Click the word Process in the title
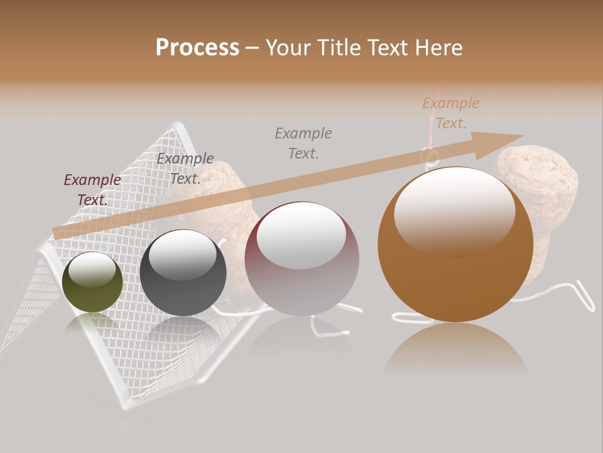197,48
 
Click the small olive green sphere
93,282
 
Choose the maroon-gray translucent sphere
301,258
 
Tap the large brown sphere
455,252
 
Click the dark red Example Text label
92,189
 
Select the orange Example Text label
451,113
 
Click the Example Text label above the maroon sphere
304,143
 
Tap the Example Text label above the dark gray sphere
185,168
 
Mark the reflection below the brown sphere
456,349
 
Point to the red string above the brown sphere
433,120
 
